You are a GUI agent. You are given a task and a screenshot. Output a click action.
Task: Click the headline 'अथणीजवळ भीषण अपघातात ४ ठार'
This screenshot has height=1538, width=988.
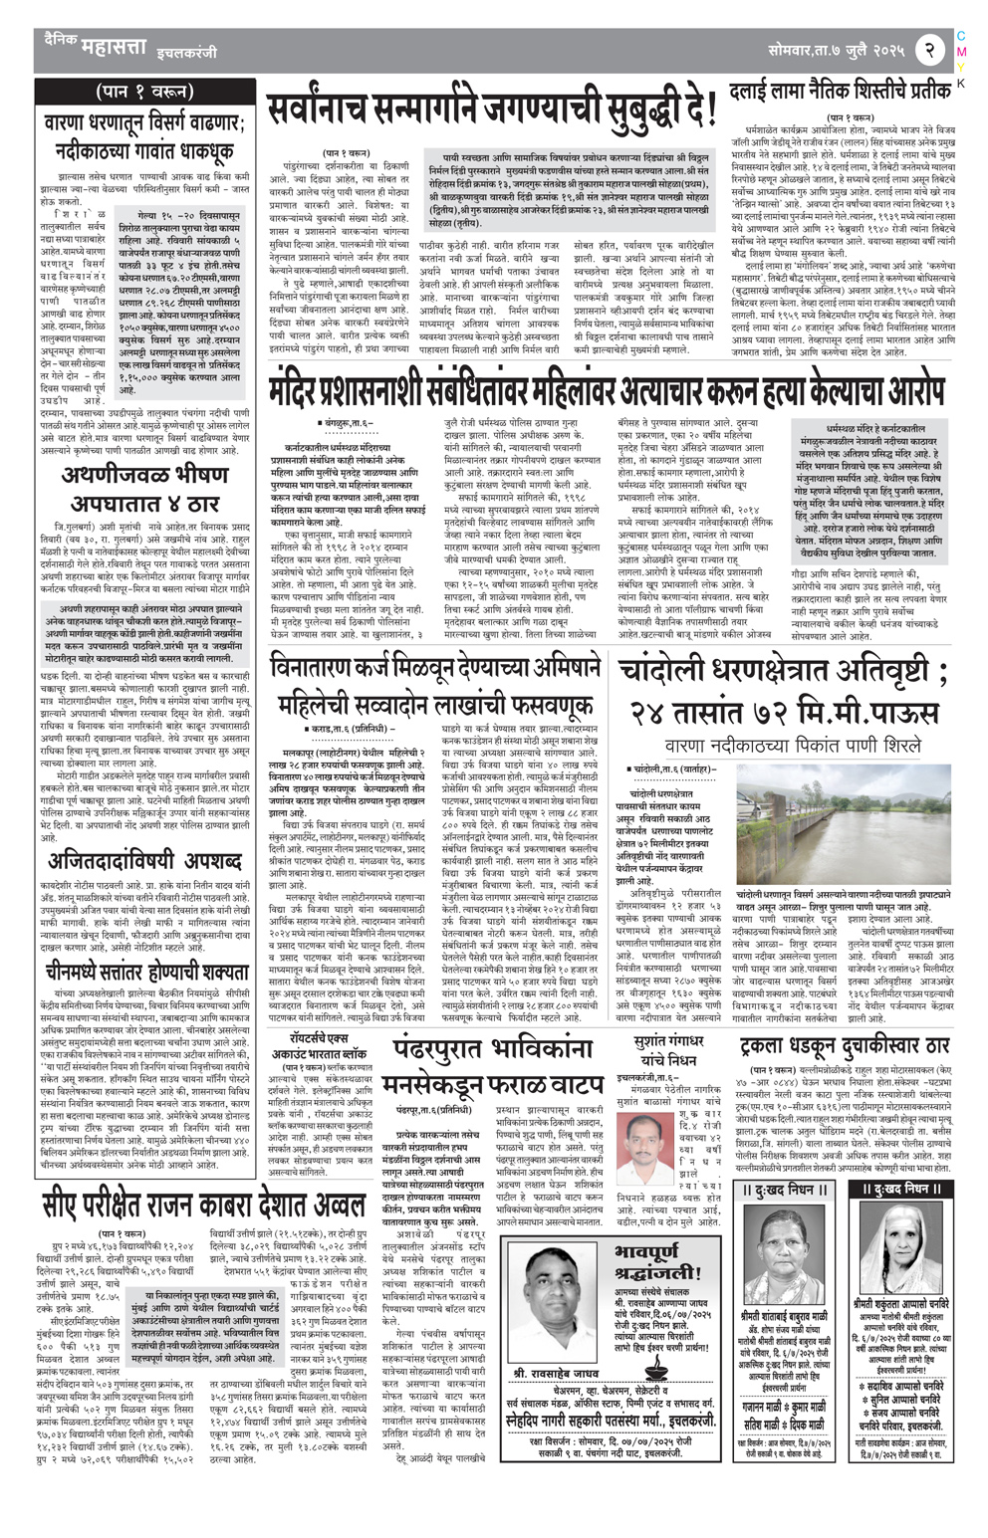tap(144, 488)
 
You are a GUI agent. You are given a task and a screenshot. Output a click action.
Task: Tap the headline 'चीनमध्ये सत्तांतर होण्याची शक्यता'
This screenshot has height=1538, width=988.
tap(144, 970)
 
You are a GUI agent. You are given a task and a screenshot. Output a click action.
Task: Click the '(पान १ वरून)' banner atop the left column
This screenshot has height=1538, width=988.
tap(144, 93)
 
